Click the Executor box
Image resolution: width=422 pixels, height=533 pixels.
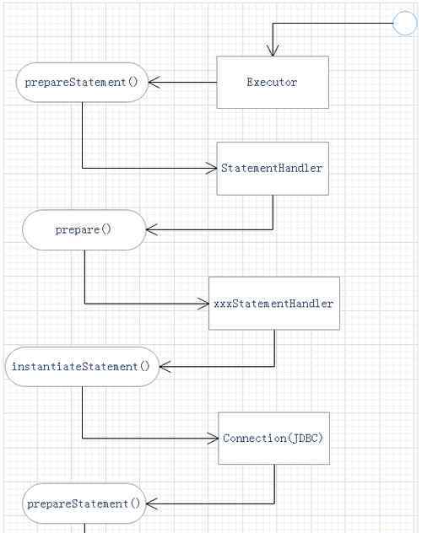pyautogui.click(x=273, y=83)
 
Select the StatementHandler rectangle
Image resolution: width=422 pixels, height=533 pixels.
pyautogui.click(x=273, y=169)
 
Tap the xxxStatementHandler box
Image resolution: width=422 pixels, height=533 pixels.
pyautogui.click(x=274, y=304)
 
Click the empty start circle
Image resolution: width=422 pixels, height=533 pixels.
pyautogui.click(x=405, y=23)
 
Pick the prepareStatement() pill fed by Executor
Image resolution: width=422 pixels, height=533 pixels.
pyautogui.click(x=82, y=83)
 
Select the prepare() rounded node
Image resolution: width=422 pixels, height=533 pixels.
pyautogui.click(x=84, y=229)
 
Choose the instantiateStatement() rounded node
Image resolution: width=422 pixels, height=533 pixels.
pyautogui.click(x=82, y=366)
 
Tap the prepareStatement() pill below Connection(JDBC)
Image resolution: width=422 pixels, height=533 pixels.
pyautogui.click(x=84, y=503)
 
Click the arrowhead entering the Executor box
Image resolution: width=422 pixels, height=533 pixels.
pyautogui.click(x=273, y=51)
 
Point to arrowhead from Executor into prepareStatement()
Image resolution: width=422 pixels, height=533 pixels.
pyautogui.click(x=154, y=83)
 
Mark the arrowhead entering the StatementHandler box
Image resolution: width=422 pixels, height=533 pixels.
pyautogui.click(x=212, y=169)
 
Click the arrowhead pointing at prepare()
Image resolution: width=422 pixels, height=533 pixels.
pyautogui.click(x=152, y=229)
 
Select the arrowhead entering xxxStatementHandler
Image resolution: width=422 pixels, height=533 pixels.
pyautogui.click(x=203, y=304)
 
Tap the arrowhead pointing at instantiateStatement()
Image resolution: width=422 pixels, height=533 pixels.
pyautogui.click(x=165, y=366)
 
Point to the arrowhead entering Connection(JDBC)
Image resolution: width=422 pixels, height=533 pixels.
pyautogui.click(x=213, y=439)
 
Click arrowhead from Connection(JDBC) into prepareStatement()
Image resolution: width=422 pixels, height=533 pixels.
pyautogui.click(x=152, y=503)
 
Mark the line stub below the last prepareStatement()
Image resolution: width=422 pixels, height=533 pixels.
pyautogui.click(x=84, y=528)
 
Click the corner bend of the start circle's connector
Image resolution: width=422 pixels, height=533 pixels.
pyautogui.click(x=273, y=23)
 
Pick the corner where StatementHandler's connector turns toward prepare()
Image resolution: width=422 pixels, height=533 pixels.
pyautogui.click(x=273, y=229)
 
